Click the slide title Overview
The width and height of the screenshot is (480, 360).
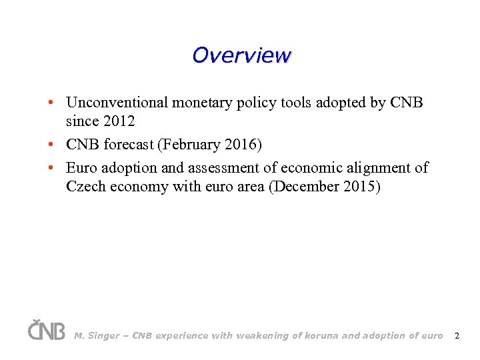click(241, 55)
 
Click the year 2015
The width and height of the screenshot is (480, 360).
click(360, 187)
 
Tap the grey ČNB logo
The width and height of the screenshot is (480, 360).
click(46, 330)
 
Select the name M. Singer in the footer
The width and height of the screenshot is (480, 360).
click(97, 336)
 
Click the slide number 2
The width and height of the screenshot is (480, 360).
click(457, 336)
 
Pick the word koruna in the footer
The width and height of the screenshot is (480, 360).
click(319, 336)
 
